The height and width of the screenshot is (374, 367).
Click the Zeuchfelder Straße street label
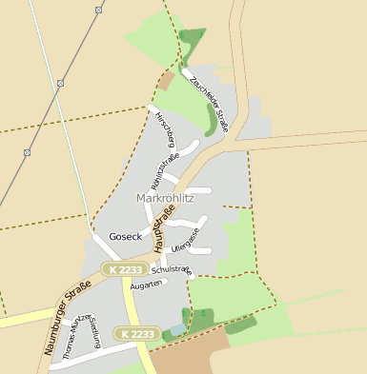[209, 102]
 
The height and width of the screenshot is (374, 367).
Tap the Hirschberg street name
[163, 129]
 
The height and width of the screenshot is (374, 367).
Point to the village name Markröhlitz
[167, 198]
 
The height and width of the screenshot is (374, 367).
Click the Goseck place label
[125, 236]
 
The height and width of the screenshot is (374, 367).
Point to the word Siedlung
[95, 331]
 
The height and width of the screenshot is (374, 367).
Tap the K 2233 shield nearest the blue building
[135, 333]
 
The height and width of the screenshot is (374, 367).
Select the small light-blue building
[176, 330]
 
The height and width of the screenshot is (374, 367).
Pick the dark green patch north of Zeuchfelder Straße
[192, 41]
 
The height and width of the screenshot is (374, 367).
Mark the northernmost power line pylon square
[98, 10]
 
